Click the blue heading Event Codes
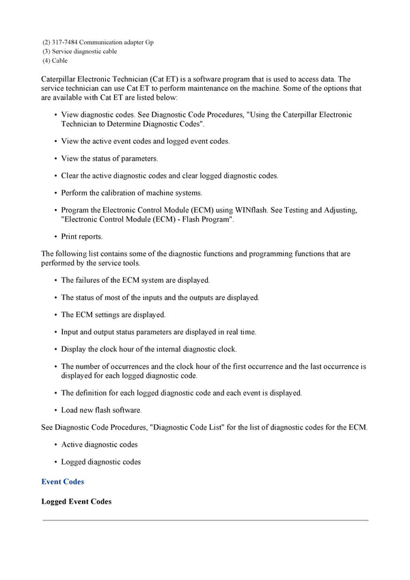pyautogui.click(x=63, y=482)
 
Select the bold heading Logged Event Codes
pyautogui.click(x=77, y=501)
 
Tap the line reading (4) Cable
pyautogui.click(x=55, y=60)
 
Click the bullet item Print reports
pyautogui.click(x=82, y=236)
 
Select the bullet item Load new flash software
pyautogui.click(x=101, y=410)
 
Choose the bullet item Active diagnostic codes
pyautogui.click(x=100, y=445)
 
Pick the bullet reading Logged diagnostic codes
pyautogui.click(x=101, y=462)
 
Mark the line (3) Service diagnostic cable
pyautogui.click(x=79, y=51)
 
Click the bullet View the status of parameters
pyautogui.click(x=109, y=158)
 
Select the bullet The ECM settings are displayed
pyautogui.click(x=113, y=315)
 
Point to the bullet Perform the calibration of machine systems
pyautogui.click(x=132, y=193)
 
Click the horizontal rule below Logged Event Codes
pyautogui.click(x=205, y=520)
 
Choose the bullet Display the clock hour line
pyautogui.click(x=149, y=349)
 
